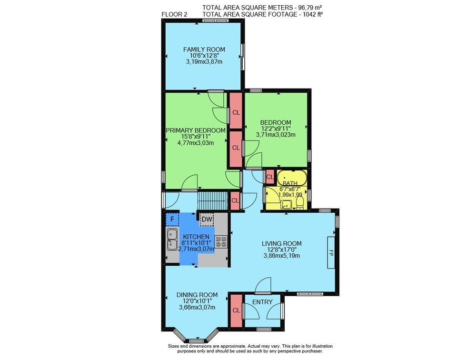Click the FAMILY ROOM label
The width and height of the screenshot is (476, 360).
pyautogui.click(x=204, y=49)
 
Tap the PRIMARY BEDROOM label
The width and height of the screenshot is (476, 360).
pyautogui.click(x=196, y=130)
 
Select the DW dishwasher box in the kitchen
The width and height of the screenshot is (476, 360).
pyautogui.click(x=207, y=220)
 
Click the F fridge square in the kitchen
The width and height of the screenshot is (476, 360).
pyautogui.click(x=172, y=219)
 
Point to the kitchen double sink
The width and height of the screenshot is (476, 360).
pyautogui.click(x=172, y=240)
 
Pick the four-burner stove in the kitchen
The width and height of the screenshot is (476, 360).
pyautogui.click(x=221, y=241)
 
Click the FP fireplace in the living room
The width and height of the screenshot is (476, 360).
pyautogui.click(x=331, y=252)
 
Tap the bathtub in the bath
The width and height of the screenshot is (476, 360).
pyautogui.click(x=292, y=178)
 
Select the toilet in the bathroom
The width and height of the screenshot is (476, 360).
pyautogui.click(x=299, y=203)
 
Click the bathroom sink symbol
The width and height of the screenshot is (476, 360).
pyautogui.click(x=286, y=205)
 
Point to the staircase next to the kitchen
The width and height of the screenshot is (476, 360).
pyautogui.click(x=212, y=201)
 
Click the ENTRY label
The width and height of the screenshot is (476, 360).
pyautogui.click(x=262, y=302)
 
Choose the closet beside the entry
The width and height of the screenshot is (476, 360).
pyautogui.click(x=236, y=310)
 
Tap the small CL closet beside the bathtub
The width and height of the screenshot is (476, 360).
pyautogui.click(x=269, y=177)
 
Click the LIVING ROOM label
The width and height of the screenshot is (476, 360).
pyautogui.click(x=282, y=243)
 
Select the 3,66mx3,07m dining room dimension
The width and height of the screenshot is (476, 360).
pyautogui.click(x=197, y=307)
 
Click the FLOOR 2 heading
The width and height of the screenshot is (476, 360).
pyautogui.click(x=174, y=14)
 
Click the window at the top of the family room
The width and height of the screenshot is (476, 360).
pyautogui.click(x=216, y=20)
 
